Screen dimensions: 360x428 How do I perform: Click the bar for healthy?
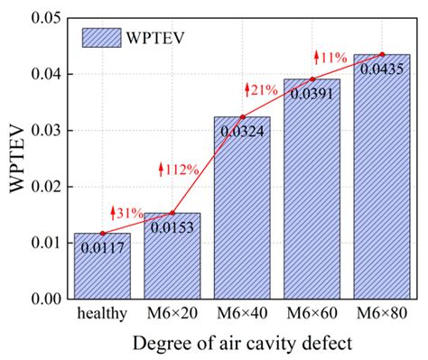102,271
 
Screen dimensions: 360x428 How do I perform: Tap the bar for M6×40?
240,217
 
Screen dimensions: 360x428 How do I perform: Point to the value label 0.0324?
240,131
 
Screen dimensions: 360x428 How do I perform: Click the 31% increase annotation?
127,213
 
